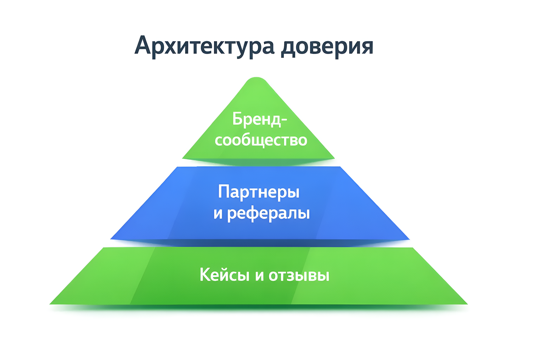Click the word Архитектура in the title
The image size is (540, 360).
point(204,46)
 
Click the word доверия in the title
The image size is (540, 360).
point(327,47)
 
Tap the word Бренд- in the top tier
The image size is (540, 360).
point(260,119)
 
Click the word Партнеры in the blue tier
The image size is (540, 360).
point(259,192)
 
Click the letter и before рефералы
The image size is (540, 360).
point(218,213)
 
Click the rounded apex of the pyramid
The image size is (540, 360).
point(256,78)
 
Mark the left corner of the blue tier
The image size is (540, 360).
point(111,239)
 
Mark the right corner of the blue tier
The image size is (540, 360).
point(409,239)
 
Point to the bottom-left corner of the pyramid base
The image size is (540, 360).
point(50,304)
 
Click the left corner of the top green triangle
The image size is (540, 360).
point(183,158)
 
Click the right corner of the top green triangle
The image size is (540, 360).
point(334,158)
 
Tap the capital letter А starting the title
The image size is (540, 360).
point(144,45)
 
